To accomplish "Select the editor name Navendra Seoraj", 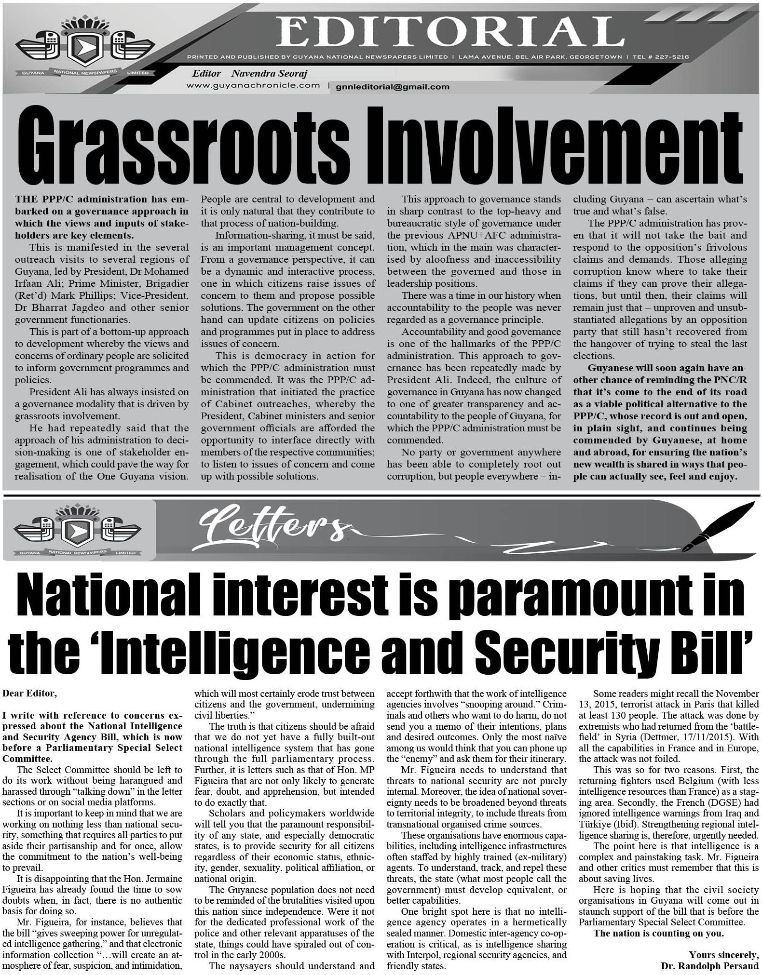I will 269,74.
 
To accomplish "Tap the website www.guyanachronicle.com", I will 253,85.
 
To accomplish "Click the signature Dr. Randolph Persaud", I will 710,966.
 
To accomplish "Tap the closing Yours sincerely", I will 723,955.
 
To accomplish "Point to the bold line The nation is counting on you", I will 659,933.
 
